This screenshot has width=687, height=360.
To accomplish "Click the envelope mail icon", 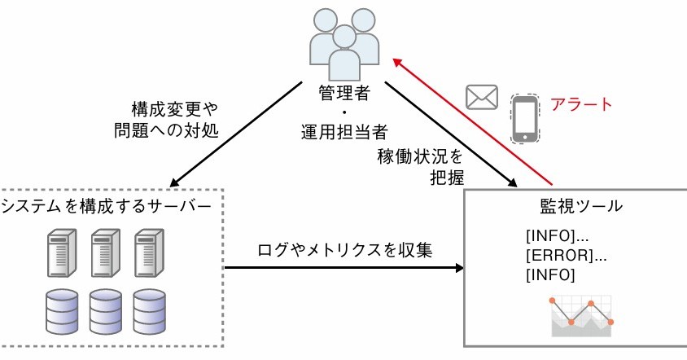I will (x=481, y=97).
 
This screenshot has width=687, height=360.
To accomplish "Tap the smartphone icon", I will (x=525, y=118).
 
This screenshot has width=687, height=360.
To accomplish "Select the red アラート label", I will (x=580, y=104).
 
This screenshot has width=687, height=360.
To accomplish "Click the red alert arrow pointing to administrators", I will (x=472, y=123).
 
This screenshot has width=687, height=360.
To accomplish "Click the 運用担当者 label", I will (x=344, y=130).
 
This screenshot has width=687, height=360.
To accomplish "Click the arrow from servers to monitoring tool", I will (x=342, y=267).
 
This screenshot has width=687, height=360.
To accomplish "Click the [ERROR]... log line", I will (x=567, y=256).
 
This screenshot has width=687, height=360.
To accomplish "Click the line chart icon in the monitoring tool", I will (x=580, y=317).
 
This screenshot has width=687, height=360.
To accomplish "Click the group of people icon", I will (x=344, y=42).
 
